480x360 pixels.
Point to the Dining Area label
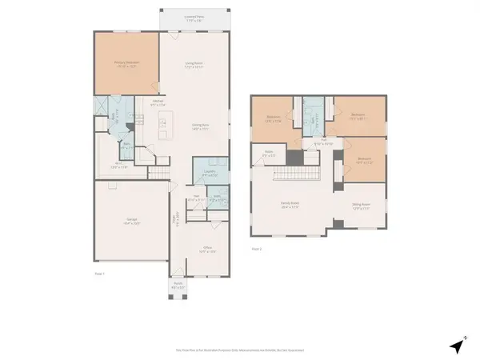(200, 126)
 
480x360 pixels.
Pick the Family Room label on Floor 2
(289, 205)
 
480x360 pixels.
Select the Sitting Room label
(362, 205)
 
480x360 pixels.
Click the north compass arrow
(456, 346)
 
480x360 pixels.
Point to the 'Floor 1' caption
(100, 274)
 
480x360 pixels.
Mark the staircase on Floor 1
(160, 172)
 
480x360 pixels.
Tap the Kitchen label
(158, 102)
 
